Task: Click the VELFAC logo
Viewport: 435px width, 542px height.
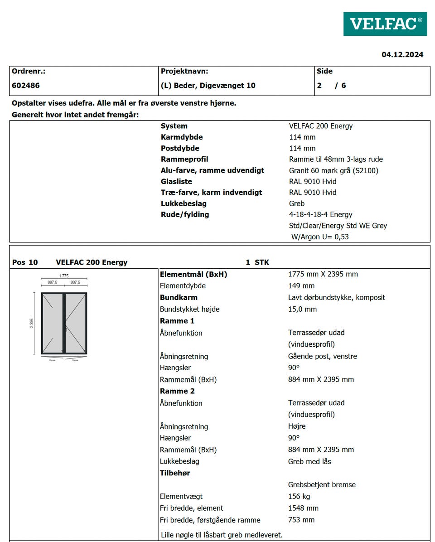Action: (385, 24)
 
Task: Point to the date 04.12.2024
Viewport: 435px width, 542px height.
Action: (402, 55)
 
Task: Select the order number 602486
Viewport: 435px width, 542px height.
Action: (26, 85)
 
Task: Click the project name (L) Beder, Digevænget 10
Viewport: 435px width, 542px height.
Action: (208, 85)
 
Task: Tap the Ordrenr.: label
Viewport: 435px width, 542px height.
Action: (29, 71)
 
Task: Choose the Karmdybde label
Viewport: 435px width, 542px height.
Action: (182, 137)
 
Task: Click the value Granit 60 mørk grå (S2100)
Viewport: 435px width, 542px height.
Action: (333, 170)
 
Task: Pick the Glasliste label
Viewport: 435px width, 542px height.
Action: (176, 181)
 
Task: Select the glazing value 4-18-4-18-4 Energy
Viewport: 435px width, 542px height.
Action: (320, 214)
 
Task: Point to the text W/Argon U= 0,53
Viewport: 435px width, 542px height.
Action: (320, 237)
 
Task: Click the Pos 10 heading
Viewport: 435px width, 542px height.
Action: (25, 262)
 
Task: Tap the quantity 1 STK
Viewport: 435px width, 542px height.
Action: (257, 262)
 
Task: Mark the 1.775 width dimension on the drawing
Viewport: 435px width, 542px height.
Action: (64, 276)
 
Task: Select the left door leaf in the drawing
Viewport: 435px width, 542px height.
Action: (53, 323)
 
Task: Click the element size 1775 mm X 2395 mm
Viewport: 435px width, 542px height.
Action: (323, 274)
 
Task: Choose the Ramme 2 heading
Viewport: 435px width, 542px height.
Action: (177, 391)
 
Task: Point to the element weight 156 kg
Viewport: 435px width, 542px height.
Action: (299, 496)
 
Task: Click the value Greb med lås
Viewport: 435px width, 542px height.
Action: (309, 461)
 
